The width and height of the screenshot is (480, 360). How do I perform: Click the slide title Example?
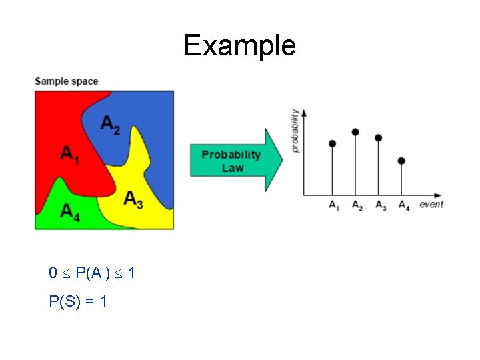pos(239,45)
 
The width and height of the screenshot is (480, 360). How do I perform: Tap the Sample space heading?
pos(66,81)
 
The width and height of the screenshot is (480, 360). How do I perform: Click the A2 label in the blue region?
pos(111,124)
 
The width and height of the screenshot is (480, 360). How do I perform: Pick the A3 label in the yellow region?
pos(133,199)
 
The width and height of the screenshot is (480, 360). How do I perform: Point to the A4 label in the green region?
pos(70,211)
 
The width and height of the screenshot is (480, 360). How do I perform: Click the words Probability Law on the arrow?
pos(231,161)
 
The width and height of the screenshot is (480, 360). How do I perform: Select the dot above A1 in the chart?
pos(333,143)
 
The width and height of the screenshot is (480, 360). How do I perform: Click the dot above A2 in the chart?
pos(355,132)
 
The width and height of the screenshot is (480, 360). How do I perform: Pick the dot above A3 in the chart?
pos(378,138)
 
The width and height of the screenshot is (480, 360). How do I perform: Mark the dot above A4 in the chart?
pos(401,161)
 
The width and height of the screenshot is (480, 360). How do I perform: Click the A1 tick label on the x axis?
pos(333,205)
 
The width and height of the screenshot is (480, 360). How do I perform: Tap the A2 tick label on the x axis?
pos(357,205)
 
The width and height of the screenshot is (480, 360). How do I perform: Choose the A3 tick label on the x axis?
pos(380,205)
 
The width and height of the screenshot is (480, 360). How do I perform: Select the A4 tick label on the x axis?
pos(403,205)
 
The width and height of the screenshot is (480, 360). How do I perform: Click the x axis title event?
pos(431,204)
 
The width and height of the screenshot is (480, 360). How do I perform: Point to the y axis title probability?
pos(295,131)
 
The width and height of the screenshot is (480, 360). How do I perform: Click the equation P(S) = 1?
pos(79,301)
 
